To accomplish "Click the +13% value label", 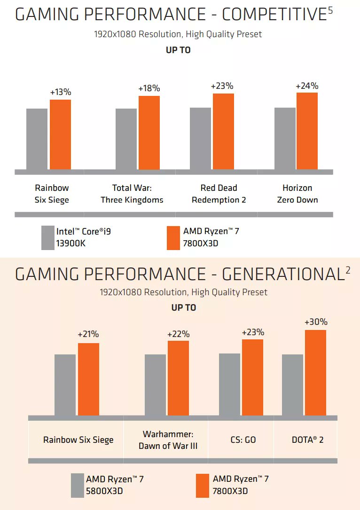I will point(60,92).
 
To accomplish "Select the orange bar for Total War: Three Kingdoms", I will point(149,133).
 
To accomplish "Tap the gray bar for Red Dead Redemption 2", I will point(200,138).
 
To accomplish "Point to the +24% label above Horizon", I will point(307,86).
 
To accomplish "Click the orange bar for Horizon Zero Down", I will point(307,131).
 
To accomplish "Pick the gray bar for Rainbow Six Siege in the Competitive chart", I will point(37,139).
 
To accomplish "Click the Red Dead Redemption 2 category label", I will point(219,194).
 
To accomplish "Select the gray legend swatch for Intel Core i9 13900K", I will point(48,237).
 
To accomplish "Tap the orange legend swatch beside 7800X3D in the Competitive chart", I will point(173,237).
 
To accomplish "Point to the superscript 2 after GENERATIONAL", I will point(348,270).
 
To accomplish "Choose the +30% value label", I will point(316,322).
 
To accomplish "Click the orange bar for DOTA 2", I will point(315,372).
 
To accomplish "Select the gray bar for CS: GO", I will point(229,384).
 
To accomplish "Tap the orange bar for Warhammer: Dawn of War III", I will point(178,378).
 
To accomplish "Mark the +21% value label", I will point(88,334).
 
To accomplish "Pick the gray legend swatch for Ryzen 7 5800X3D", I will point(77,485).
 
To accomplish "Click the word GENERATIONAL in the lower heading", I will point(282,274).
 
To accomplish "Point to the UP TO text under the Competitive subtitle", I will point(178,50).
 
